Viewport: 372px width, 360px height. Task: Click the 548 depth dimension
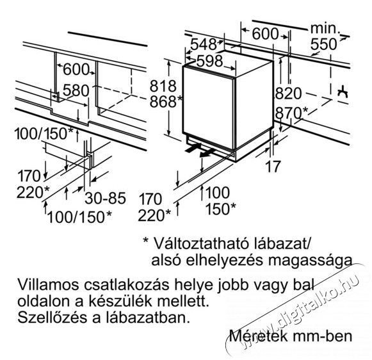(x=204, y=44)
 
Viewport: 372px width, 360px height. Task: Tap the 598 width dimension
(x=210, y=61)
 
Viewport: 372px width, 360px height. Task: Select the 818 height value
(x=163, y=86)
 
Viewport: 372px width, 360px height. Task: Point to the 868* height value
(x=166, y=102)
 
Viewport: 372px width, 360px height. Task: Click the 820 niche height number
(x=288, y=94)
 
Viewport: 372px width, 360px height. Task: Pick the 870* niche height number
(x=291, y=113)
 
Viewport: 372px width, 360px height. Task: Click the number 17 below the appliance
(x=273, y=167)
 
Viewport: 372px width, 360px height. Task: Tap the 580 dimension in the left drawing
(x=76, y=91)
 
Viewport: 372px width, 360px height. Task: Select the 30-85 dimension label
(x=106, y=198)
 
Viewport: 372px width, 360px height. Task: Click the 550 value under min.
(x=323, y=44)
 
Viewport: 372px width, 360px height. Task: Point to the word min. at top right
(x=325, y=28)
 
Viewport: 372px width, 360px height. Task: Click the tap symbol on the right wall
(x=343, y=91)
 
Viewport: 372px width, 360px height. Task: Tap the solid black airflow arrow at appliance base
(x=193, y=149)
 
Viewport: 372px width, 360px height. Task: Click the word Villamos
(x=48, y=285)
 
